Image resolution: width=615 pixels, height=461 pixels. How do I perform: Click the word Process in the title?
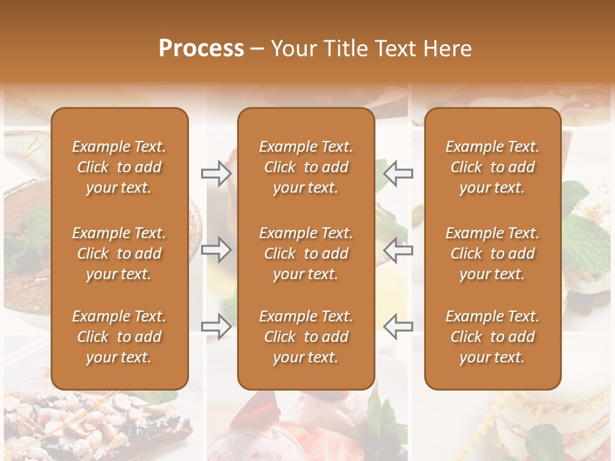201,49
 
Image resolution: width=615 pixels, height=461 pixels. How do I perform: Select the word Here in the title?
448,49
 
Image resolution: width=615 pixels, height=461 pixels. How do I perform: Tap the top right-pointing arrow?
216,173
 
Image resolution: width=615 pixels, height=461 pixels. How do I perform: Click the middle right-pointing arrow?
216,250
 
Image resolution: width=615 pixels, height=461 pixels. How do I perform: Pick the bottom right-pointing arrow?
216,327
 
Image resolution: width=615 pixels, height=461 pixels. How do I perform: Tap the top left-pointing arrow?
398,173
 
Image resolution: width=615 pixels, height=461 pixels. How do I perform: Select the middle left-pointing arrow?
398,250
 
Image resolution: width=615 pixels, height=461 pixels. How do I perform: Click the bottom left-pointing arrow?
398,327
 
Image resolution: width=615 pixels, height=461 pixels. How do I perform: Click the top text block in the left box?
119,167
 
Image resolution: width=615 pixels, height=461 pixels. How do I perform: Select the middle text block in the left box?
119,254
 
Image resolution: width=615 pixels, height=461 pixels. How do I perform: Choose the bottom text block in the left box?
119,337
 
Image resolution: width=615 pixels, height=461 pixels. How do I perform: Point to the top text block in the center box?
306,167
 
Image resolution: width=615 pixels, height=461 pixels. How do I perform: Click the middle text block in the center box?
306,254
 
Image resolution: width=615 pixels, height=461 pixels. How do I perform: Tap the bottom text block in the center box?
306,337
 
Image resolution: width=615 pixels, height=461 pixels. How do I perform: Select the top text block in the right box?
492,167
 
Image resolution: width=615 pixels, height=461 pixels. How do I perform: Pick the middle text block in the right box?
492,254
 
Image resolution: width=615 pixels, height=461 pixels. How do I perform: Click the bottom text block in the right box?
492,337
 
